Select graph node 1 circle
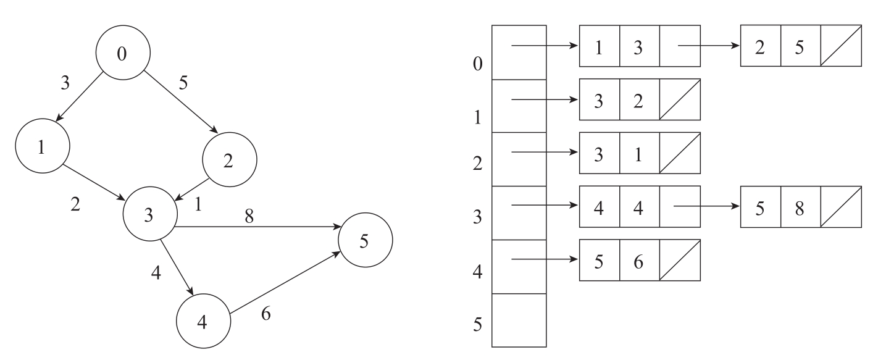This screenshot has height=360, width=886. [43, 149]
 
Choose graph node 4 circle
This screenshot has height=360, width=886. [203, 322]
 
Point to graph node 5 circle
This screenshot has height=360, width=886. [364, 241]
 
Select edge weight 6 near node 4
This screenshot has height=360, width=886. [265, 314]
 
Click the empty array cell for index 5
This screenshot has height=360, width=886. [519, 320]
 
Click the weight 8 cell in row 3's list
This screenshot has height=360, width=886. [800, 206]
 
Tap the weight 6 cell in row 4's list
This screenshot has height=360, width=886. [639, 260]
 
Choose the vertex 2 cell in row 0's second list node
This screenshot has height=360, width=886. [760, 46]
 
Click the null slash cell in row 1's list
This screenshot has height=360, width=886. [680, 99]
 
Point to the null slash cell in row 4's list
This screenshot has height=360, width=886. [680, 260]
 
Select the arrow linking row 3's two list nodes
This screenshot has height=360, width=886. [708, 206]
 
